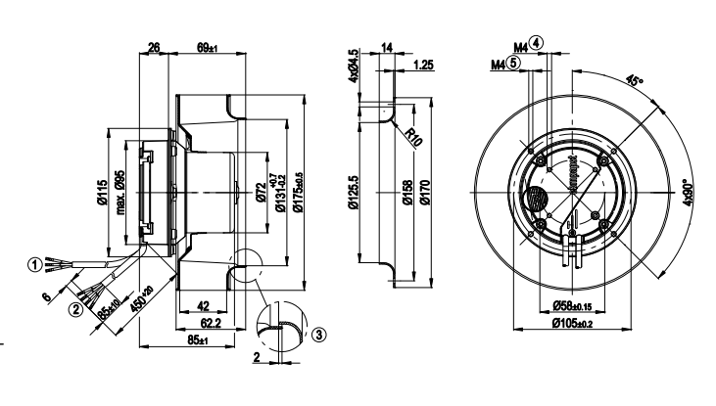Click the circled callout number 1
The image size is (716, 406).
[35, 263]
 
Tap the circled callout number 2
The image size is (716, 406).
[73, 312]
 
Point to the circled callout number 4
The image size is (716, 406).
[537, 45]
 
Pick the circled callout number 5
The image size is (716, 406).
[514, 62]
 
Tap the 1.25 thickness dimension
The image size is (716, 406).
[423, 65]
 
